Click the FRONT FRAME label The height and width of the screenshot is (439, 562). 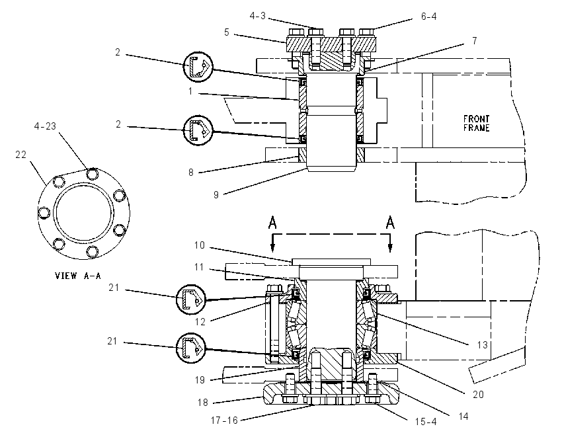(476, 123)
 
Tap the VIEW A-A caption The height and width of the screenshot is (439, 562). (78, 276)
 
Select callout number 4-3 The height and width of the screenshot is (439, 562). (258, 16)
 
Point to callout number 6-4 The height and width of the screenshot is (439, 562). (428, 17)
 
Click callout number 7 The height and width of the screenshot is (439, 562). (475, 40)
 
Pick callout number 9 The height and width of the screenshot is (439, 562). (216, 194)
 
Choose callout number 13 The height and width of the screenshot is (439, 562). (483, 344)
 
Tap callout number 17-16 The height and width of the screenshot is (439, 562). (224, 420)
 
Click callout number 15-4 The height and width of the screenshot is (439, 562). (426, 422)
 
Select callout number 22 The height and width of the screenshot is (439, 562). (20, 155)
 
